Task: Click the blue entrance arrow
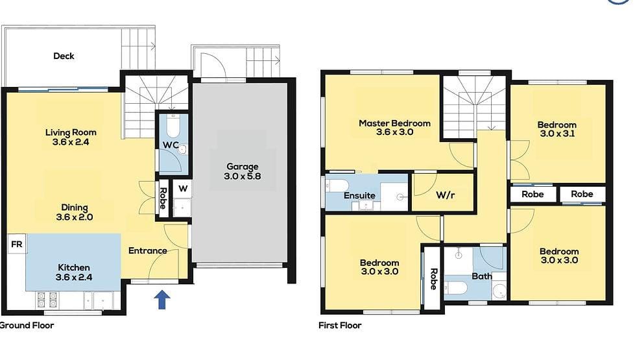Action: click(x=162, y=299)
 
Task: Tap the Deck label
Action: click(x=64, y=56)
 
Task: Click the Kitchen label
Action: click(x=74, y=267)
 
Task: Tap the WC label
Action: click(x=171, y=143)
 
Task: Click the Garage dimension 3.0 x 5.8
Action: click(x=242, y=176)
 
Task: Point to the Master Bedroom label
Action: click(x=394, y=123)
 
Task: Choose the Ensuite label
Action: click(x=359, y=195)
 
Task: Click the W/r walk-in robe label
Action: click(x=444, y=195)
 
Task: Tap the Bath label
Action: click(x=482, y=276)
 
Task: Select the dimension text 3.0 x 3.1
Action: click(x=557, y=134)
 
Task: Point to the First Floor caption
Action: click(x=340, y=325)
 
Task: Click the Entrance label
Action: click(x=147, y=250)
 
